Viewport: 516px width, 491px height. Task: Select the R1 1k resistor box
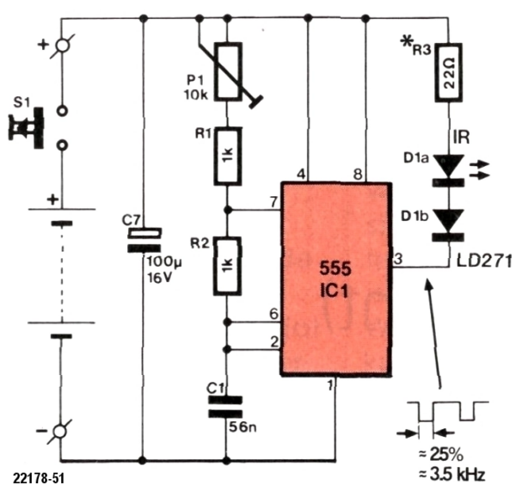227,156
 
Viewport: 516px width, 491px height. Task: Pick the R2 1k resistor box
227,266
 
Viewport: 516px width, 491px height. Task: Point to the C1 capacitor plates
227,405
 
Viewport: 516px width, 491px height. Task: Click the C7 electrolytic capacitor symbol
144,240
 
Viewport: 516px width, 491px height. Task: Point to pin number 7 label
273,201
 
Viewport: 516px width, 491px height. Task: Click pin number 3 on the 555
397,259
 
